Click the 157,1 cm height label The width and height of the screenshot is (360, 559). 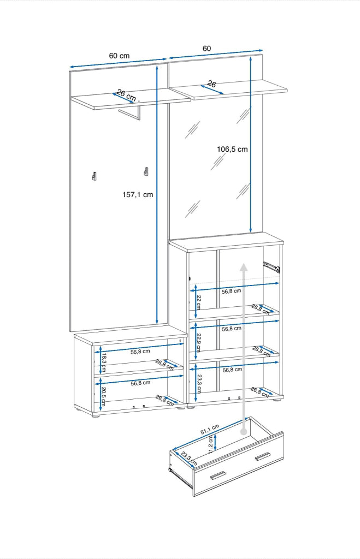pos(138,194)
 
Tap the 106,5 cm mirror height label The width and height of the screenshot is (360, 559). pos(232,149)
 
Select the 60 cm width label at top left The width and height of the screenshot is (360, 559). pos(119,56)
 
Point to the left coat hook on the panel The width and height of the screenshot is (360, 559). pos(94,176)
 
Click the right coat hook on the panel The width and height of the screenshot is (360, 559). pos(146,171)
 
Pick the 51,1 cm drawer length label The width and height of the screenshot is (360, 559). pos(209,427)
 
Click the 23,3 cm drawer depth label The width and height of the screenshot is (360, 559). pos(188,458)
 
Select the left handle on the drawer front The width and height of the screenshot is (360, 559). pos(217,475)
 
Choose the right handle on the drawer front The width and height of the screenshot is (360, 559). pos(263,456)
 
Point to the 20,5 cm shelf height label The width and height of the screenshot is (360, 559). pos(103,396)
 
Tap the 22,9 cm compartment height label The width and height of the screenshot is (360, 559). pos(199,343)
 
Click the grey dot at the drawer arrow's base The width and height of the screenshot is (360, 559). pos(244,432)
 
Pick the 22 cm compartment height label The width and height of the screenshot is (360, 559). pos(199,302)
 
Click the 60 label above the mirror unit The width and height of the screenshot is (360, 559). pos(206,49)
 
